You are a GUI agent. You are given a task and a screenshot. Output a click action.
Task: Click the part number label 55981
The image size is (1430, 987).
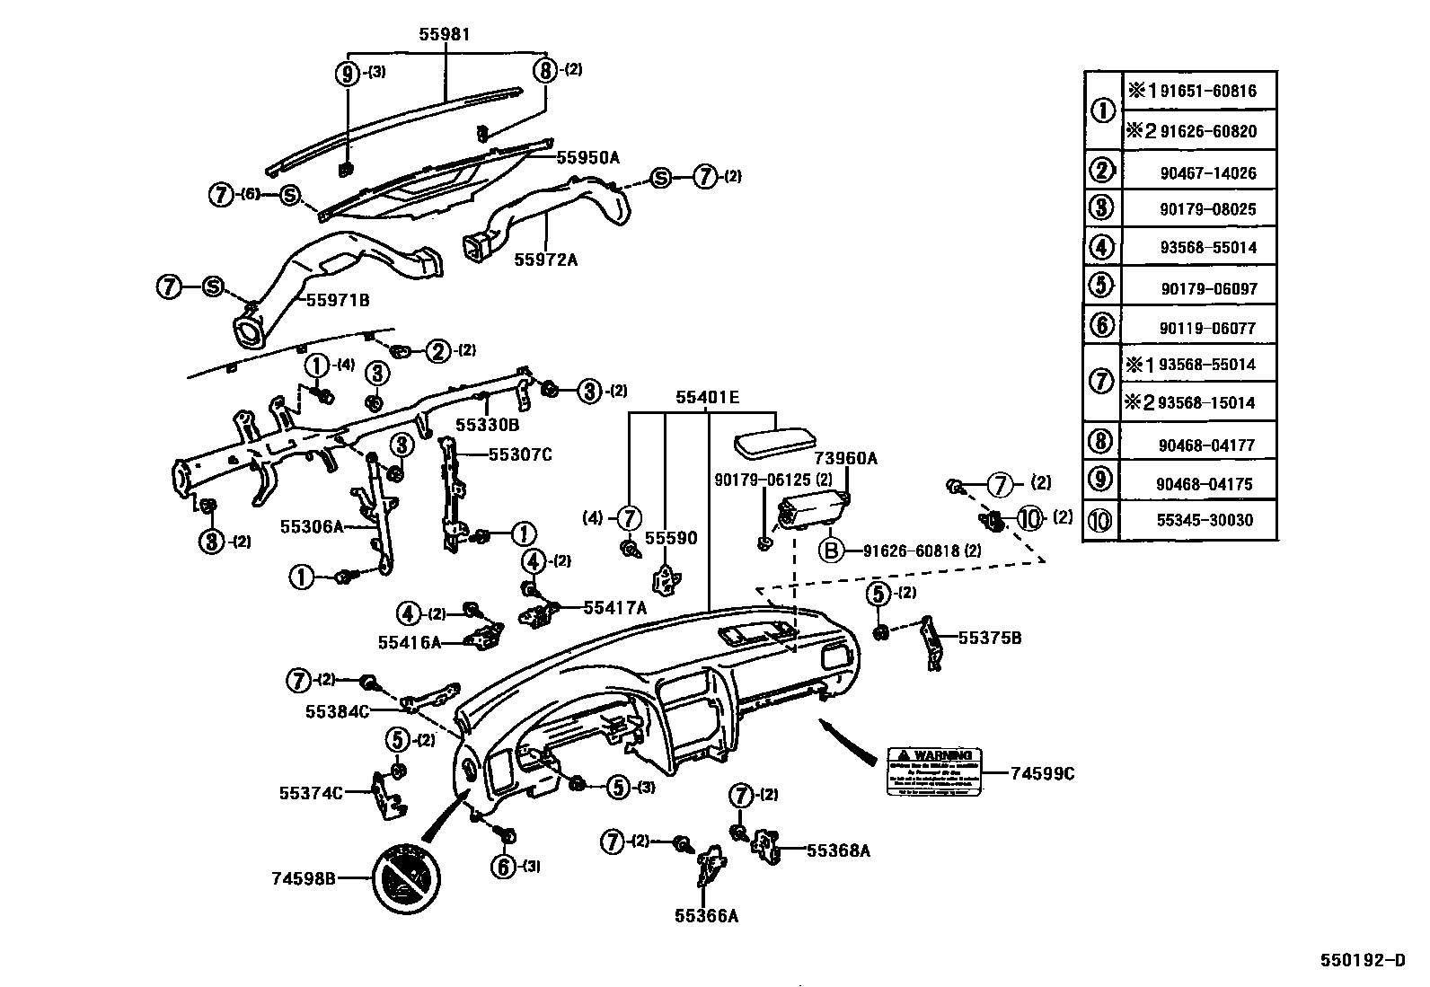[445, 35]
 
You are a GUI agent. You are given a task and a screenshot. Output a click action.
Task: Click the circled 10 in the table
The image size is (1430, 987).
[1102, 520]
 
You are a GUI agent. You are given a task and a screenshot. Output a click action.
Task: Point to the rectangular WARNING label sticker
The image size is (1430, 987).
[933, 771]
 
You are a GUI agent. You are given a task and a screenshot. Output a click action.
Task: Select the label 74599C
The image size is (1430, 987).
[1042, 772]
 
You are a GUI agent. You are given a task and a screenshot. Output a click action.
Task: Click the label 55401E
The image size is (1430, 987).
[708, 396]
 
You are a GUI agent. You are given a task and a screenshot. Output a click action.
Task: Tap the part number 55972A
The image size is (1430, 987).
[545, 260]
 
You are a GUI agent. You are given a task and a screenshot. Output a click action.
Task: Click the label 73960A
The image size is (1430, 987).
[845, 459]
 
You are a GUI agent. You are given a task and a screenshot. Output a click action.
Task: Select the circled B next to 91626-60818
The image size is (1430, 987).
[831, 550]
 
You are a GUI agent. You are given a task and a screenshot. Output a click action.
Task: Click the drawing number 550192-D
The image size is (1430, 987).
[1363, 959]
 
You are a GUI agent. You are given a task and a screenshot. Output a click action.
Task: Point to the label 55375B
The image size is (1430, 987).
[990, 639]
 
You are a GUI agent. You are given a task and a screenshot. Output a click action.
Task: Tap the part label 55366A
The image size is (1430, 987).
[706, 916]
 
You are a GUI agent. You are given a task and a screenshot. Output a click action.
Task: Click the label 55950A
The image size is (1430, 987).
[588, 157]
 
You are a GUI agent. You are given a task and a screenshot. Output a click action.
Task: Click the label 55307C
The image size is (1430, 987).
[520, 454]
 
